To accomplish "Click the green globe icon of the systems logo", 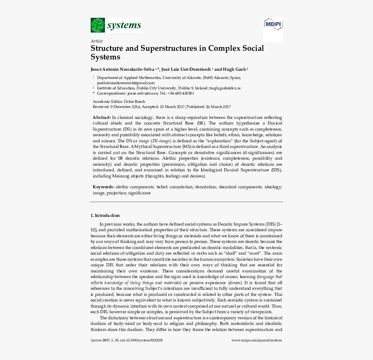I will (98, 25).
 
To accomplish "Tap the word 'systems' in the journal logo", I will (124, 25).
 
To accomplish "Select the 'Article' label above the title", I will (97, 41).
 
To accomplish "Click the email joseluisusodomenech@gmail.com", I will (126, 82).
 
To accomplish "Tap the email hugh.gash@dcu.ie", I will (225, 88).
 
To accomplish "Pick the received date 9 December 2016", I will (126, 107).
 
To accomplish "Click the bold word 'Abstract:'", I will (102, 118).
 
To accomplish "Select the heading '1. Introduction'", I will (105, 216).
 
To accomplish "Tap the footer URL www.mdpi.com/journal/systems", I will (256, 340).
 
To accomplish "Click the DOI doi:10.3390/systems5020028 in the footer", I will (141, 340).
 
